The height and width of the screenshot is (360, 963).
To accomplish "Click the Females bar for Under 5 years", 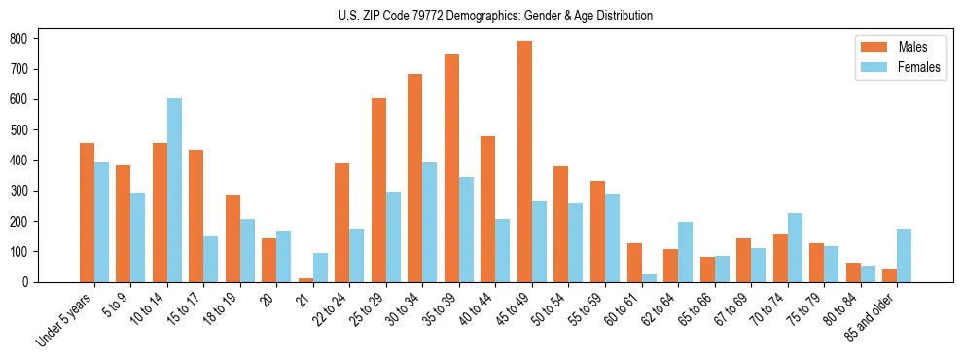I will (x=101, y=223).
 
